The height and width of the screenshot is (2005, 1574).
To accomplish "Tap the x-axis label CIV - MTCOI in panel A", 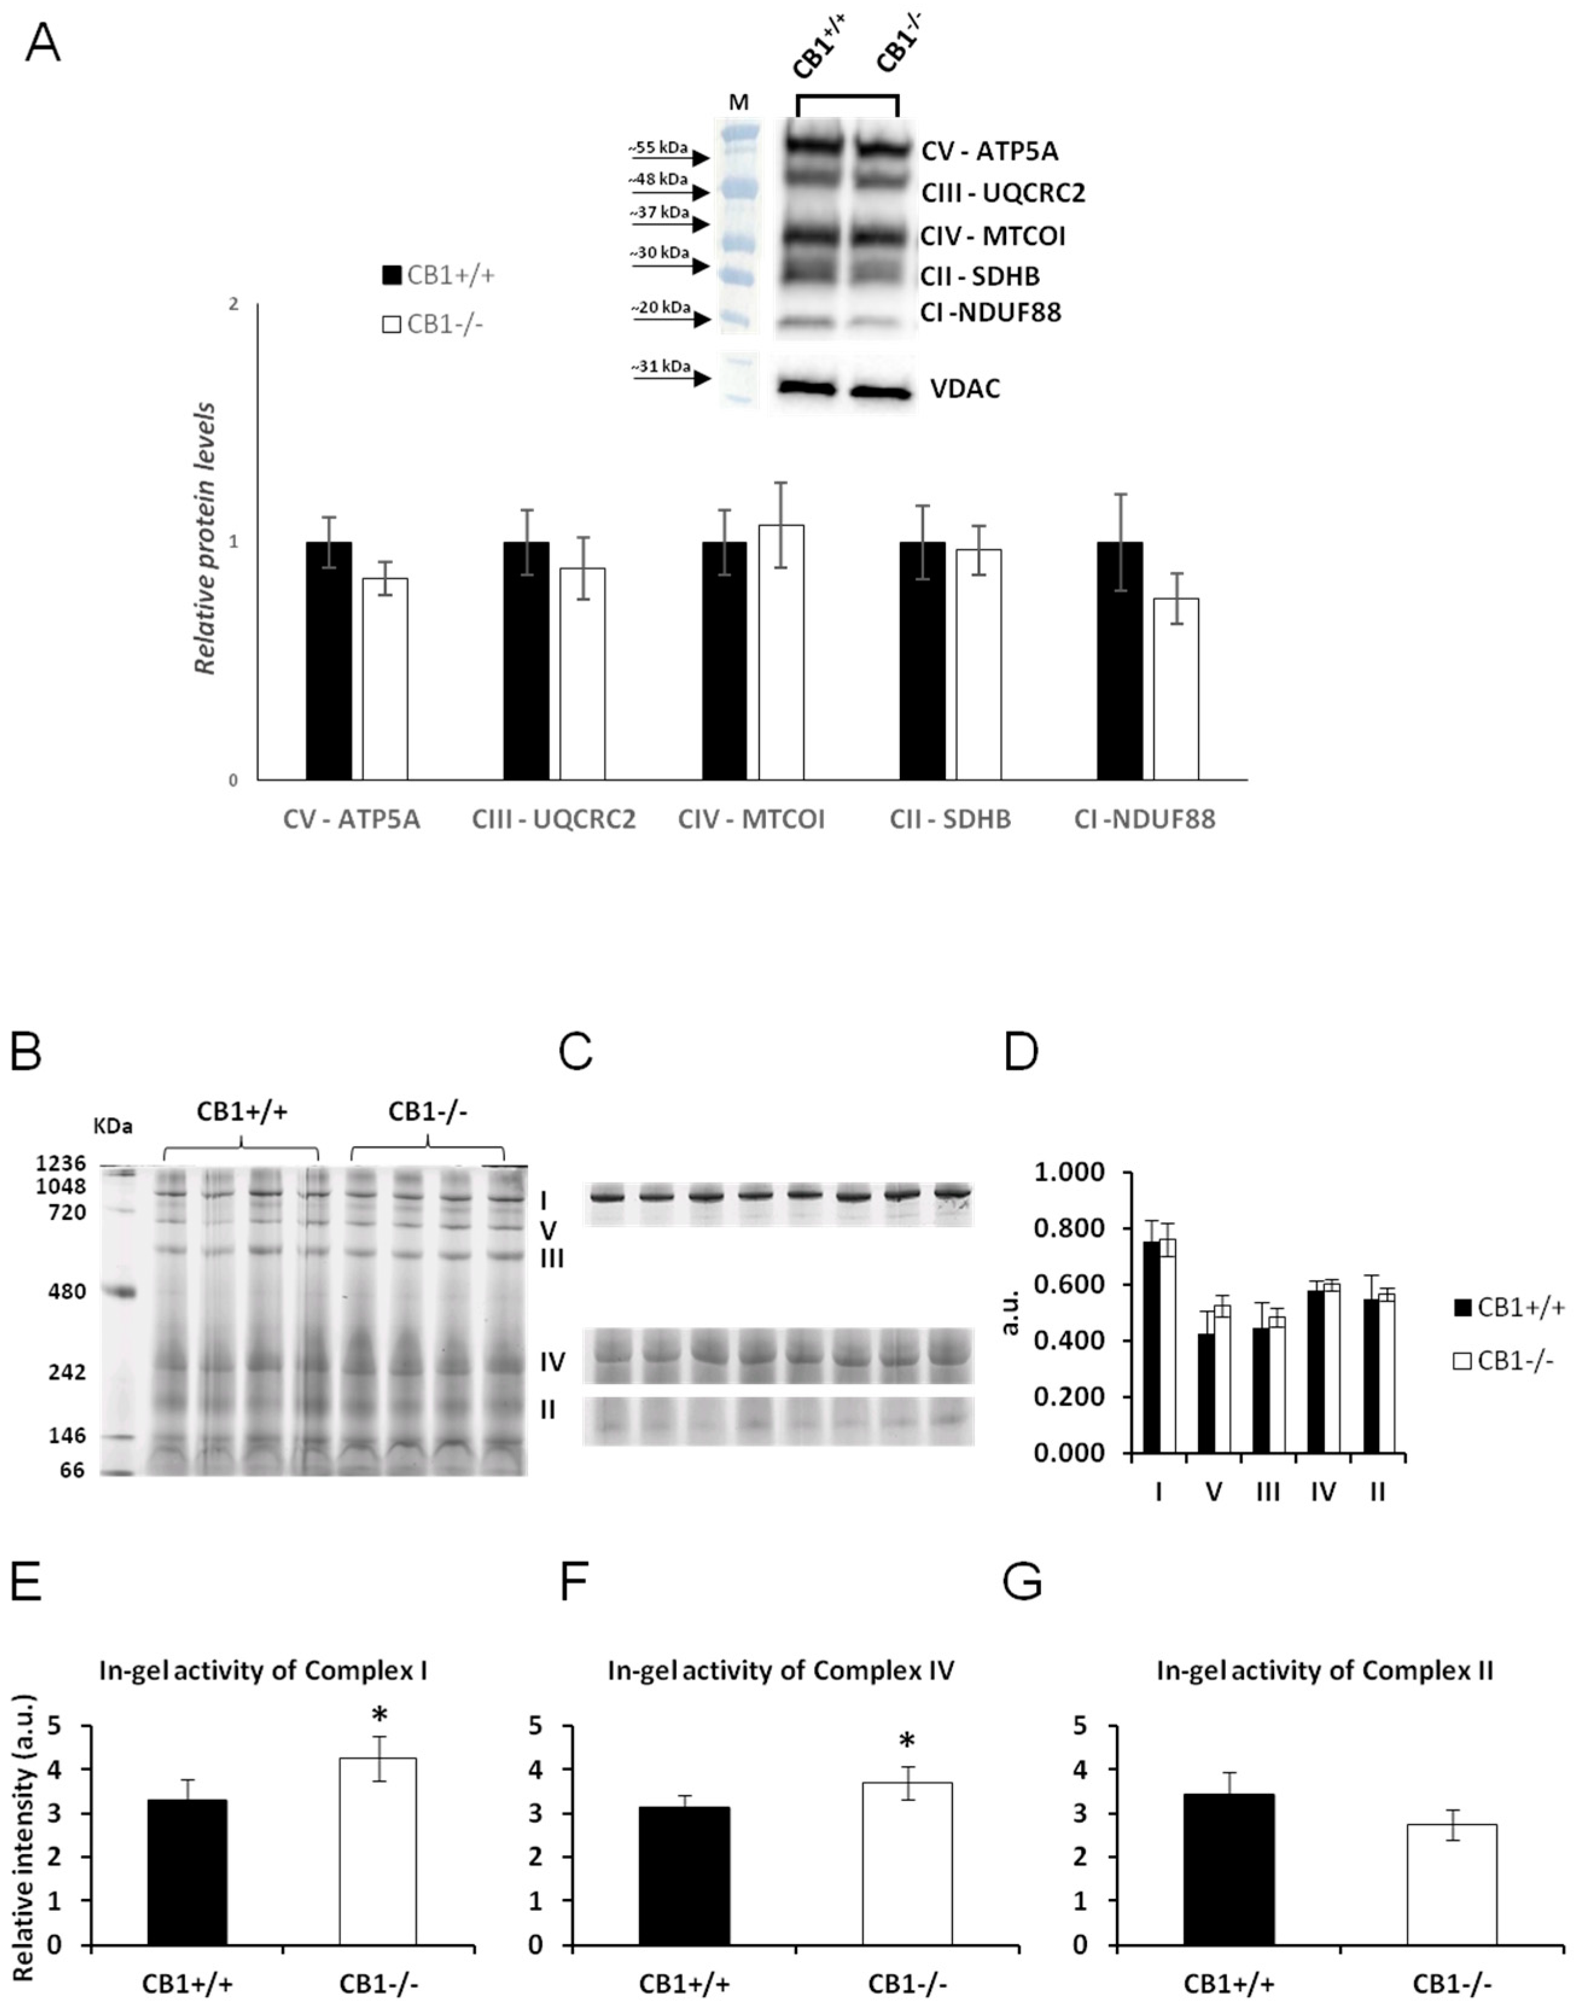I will (751, 819).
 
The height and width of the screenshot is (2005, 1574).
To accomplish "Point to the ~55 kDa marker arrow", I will (668, 157).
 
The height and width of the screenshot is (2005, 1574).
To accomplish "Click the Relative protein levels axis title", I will (206, 538).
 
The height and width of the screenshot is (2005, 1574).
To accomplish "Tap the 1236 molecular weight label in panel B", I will (61, 1163).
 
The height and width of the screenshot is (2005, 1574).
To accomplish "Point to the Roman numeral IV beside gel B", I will (552, 1362).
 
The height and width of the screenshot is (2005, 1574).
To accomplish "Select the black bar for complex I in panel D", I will (1151, 1346).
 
